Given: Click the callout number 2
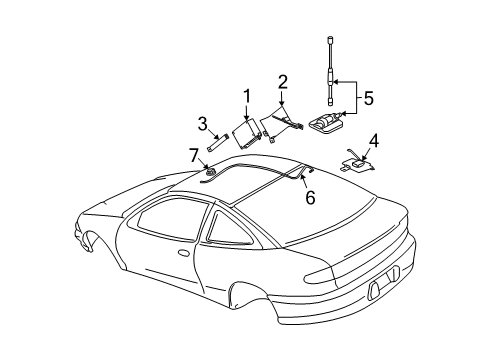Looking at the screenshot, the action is pos(283,81).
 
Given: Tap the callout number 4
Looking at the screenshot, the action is pos(373,140).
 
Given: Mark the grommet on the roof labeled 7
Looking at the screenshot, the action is pos(211,175).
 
